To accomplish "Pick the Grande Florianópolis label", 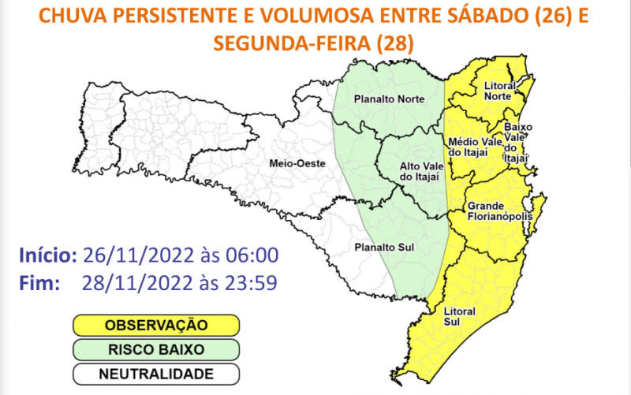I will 500,210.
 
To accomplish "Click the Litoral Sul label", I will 460,315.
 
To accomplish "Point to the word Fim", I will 37,282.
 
